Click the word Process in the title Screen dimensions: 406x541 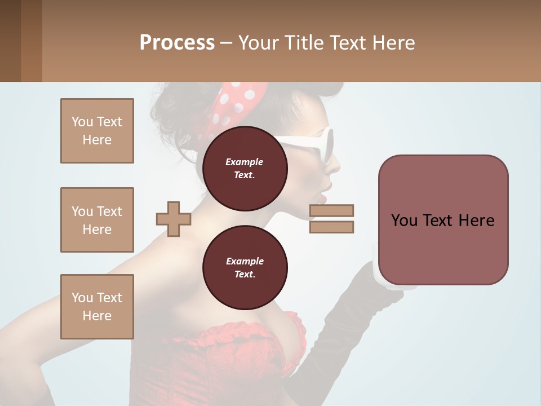[x=177, y=43]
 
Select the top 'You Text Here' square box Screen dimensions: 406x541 [x=97, y=131]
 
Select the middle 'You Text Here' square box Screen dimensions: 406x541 [x=97, y=220]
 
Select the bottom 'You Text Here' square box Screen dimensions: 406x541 [x=97, y=307]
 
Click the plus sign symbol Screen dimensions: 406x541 [x=173, y=219]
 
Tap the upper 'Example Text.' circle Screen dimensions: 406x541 [x=245, y=168]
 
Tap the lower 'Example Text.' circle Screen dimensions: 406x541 [x=245, y=267]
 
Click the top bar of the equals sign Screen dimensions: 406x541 [x=331, y=211]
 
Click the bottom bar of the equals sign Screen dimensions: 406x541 [x=331, y=227]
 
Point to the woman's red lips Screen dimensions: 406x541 [x=323, y=195]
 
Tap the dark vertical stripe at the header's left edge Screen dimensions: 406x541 [x=11, y=41]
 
